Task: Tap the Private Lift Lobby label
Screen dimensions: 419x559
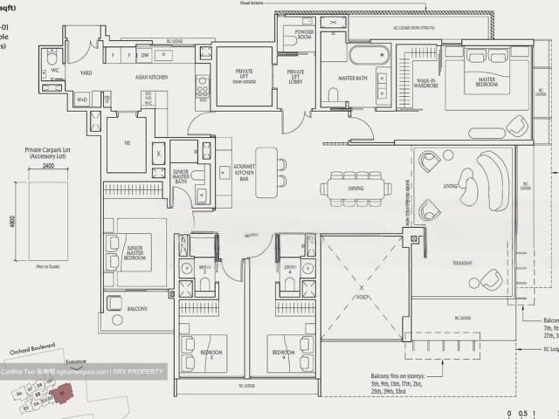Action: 296,78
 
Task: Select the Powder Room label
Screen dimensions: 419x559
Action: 304,36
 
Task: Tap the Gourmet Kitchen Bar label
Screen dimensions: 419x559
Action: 244,172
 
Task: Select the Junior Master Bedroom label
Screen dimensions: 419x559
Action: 135,251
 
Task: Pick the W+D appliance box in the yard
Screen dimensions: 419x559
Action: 82,100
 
